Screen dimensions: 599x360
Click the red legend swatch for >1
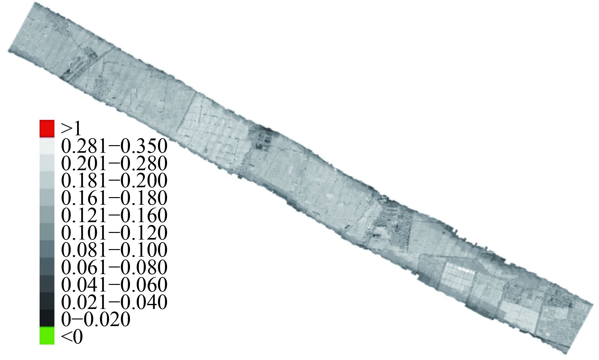click(x=47, y=128)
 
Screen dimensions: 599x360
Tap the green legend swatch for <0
click(x=47, y=335)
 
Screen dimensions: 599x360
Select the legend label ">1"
click(x=72, y=129)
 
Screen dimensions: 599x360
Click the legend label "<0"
click(x=72, y=336)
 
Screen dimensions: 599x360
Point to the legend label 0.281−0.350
click(x=114, y=146)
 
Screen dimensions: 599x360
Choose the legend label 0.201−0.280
click(x=114, y=164)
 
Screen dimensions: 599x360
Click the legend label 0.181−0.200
click(x=114, y=181)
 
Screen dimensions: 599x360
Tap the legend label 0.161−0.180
click(x=114, y=198)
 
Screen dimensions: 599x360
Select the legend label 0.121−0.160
click(x=114, y=215)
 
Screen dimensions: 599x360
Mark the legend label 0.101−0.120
click(x=114, y=233)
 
